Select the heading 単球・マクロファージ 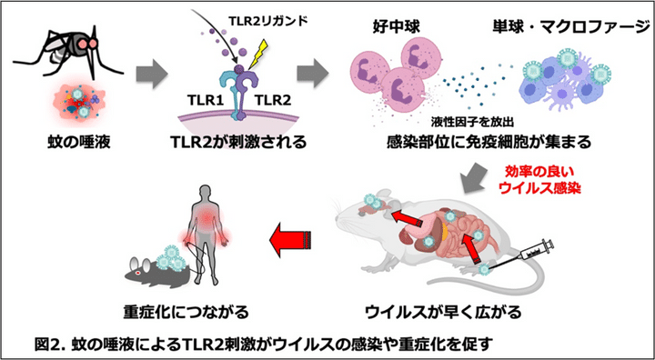560,25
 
